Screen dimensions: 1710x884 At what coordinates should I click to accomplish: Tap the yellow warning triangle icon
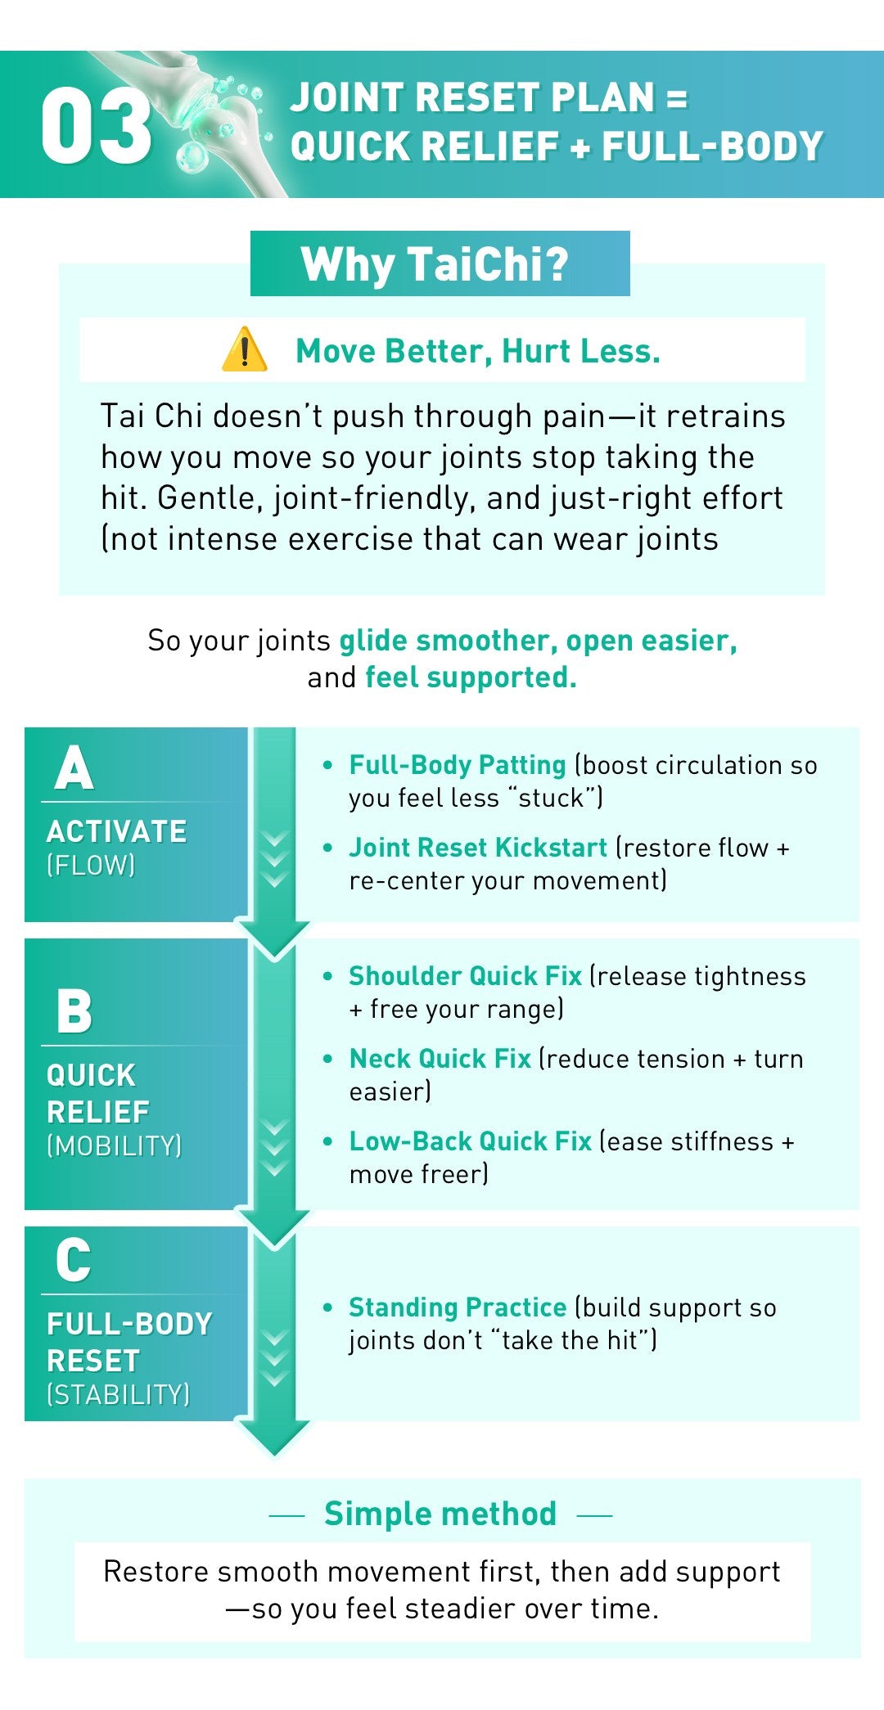(244, 350)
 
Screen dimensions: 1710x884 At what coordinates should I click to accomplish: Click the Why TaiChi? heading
(435, 264)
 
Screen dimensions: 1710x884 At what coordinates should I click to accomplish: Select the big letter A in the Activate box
(74, 768)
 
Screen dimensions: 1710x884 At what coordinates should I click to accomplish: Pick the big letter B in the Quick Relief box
(74, 1011)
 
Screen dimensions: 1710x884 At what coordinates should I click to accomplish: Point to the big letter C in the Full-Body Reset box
(74, 1260)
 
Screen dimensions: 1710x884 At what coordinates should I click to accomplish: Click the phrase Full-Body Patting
(458, 765)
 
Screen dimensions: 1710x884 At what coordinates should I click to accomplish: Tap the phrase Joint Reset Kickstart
(478, 848)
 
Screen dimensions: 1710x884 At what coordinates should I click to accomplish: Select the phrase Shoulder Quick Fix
(465, 976)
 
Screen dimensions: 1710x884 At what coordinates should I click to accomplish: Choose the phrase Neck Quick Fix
(440, 1059)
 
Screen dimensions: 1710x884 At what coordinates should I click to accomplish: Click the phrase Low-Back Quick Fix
(470, 1141)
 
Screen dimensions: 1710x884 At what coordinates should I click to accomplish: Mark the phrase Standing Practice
(458, 1307)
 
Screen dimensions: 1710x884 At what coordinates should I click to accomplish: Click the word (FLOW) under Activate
(91, 866)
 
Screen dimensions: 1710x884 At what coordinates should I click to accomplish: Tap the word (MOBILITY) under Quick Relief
(115, 1146)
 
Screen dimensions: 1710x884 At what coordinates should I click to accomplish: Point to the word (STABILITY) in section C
(119, 1394)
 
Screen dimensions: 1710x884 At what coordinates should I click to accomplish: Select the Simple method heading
(440, 1514)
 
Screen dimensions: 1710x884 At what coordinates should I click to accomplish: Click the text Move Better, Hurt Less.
(478, 351)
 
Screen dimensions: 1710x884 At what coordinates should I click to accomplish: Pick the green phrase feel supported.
(471, 677)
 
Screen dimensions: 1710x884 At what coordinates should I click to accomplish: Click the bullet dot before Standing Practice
(328, 1307)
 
